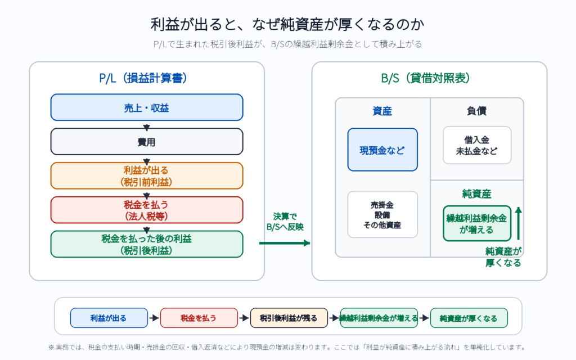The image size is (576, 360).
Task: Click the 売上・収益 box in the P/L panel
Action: coord(147,107)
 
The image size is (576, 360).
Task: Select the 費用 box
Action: coord(147,141)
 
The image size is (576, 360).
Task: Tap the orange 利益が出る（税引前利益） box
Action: coord(147,175)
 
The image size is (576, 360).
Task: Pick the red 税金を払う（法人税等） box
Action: coord(147,210)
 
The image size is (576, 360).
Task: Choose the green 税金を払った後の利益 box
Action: coord(147,244)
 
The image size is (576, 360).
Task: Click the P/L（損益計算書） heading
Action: coord(143,78)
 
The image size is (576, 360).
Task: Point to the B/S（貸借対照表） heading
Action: coord(425,78)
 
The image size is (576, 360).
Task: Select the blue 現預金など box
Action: coord(382,150)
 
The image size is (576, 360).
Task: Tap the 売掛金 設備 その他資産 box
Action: coord(382,214)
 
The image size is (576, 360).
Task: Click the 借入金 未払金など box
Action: coord(477,145)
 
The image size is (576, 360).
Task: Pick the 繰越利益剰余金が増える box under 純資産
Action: coord(477,223)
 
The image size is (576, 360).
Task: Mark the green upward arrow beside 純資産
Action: coord(518,223)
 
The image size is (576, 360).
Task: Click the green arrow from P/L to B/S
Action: coord(285,243)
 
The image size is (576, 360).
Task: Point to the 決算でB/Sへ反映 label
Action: coord(285,222)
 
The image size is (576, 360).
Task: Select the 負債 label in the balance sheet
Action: coord(477,111)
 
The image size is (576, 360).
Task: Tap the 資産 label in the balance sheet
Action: coord(382,111)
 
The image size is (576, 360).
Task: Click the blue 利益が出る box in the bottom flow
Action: coord(109,318)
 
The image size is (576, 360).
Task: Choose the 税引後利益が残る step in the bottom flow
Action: coord(289,318)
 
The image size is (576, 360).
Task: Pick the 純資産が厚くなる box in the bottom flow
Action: coord(469,318)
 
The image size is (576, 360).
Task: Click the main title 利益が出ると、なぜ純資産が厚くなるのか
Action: coord(287,24)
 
